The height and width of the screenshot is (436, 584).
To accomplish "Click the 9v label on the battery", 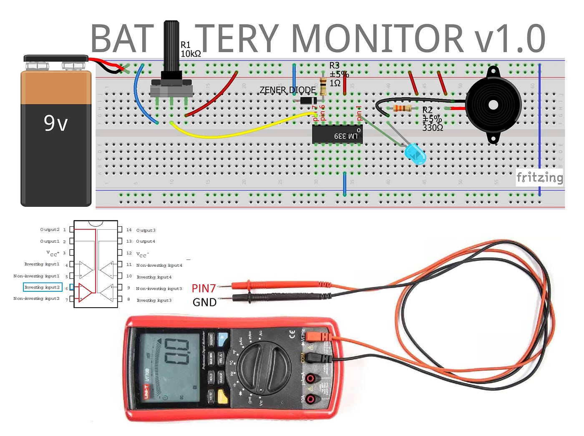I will click(x=56, y=123).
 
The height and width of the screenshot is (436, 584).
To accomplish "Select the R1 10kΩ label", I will click(x=191, y=50).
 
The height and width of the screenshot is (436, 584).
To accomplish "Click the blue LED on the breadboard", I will click(x=415, y=154).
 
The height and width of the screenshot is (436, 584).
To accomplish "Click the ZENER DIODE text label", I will click(x=287, y=90).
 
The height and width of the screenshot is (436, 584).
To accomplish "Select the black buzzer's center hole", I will click(x=493, y=105).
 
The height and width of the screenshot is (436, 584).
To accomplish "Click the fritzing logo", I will click(x=539, y=178).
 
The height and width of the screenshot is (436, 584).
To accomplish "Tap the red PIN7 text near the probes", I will click(x=204, y=288).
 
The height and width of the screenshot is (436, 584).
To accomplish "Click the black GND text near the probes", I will click(x=204, y=302).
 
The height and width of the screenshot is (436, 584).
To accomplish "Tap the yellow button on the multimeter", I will click(x=223, y=397).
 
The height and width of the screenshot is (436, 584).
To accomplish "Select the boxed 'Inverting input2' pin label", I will click(x=42, y=287).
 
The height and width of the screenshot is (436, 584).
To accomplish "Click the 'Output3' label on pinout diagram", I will click(x=146, y=230).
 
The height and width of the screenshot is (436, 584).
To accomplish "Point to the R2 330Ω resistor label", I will click(x=432, y=119).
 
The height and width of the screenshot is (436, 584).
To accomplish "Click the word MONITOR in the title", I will click(x=377, y=38).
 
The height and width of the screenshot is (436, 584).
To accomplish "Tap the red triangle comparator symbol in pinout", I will click(x=85, y=293).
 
